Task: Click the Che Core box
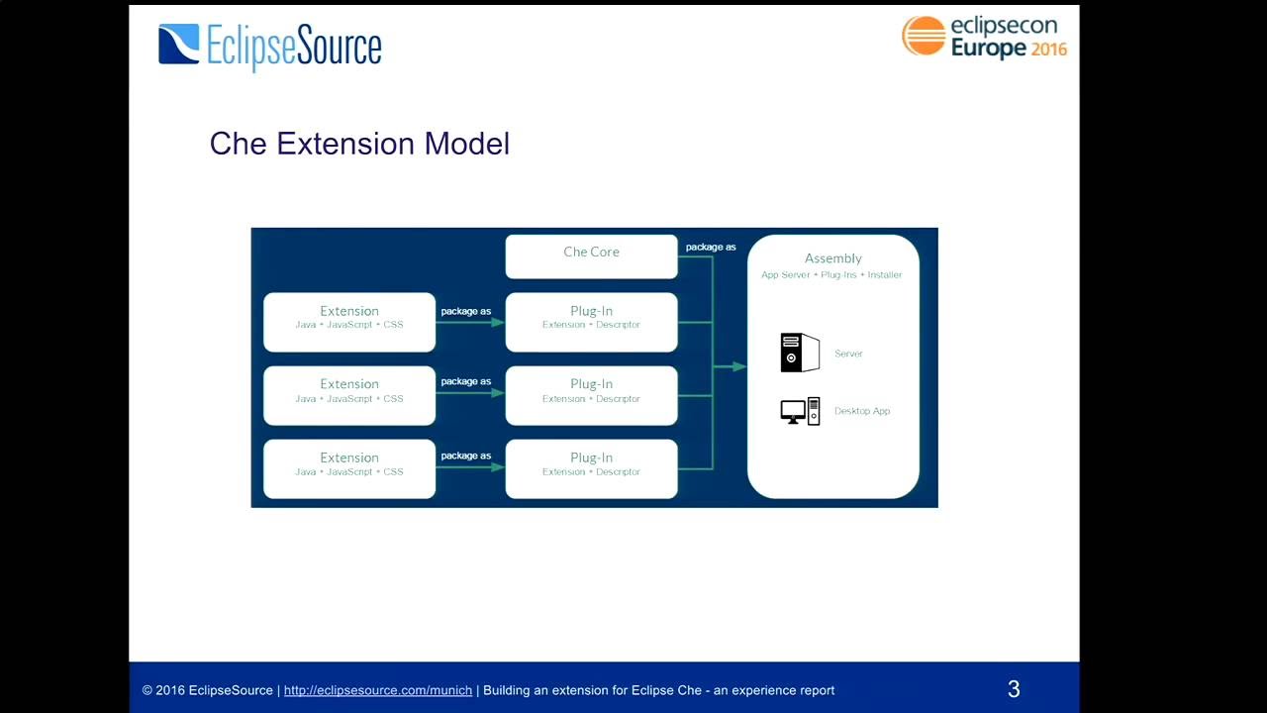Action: pos(591,255)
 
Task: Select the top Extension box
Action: pos(349,321)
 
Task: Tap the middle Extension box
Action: pos(349,394)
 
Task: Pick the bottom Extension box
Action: pos(349,467)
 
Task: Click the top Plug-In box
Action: pos(591,321)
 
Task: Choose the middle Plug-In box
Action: pos(591,394)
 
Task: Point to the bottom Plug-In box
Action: pos(591,467)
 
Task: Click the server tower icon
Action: pos(800,353)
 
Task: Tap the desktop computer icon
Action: pos(800,411)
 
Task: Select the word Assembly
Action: pos(832,258)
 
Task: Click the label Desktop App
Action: pos(861,411)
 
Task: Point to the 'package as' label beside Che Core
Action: pos(711,247)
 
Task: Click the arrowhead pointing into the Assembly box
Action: pos(739,366)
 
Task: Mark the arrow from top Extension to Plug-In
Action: pos(470,322)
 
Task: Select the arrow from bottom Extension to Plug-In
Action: pos(470,467)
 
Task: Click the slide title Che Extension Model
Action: pos(359,144)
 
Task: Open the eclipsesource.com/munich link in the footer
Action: pos(377,690)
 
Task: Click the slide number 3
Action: pos(1014,689)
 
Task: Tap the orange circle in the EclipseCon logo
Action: pos(924,36)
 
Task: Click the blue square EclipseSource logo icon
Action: pos(178,45)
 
